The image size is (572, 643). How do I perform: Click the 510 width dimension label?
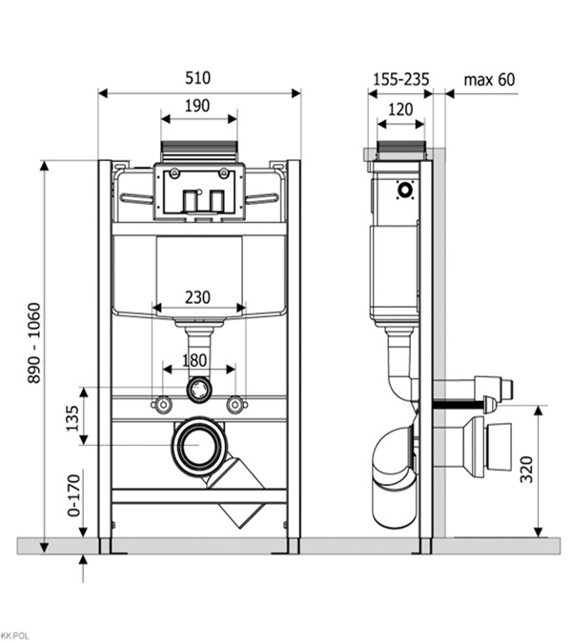[197, 78]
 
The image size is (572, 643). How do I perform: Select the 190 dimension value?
[197, 106]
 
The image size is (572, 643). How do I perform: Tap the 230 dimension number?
[197, 297]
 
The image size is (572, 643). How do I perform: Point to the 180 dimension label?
[194, 360]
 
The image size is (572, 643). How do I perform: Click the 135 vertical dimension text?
[72, 418]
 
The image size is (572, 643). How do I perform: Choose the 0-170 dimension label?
[74, 495]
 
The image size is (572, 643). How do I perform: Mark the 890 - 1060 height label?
[34, 343]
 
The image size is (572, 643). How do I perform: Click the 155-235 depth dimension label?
[401, 79]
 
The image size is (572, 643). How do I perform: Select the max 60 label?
[489, 80]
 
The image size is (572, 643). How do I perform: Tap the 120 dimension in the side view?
[400, 110]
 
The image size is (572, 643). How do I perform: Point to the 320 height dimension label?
[527, 469]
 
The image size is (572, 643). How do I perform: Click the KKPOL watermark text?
[15, 636]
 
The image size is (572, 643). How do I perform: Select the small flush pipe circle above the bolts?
[199, 390]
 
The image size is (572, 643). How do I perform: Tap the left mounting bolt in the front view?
[163, 405]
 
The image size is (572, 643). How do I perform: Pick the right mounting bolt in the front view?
[235, 405]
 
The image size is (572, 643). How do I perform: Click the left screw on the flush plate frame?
[174, 172]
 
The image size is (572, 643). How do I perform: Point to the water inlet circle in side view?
[405, 190]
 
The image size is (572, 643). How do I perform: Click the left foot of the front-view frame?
[105, 546]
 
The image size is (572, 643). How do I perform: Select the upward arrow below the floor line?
[83, 569]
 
